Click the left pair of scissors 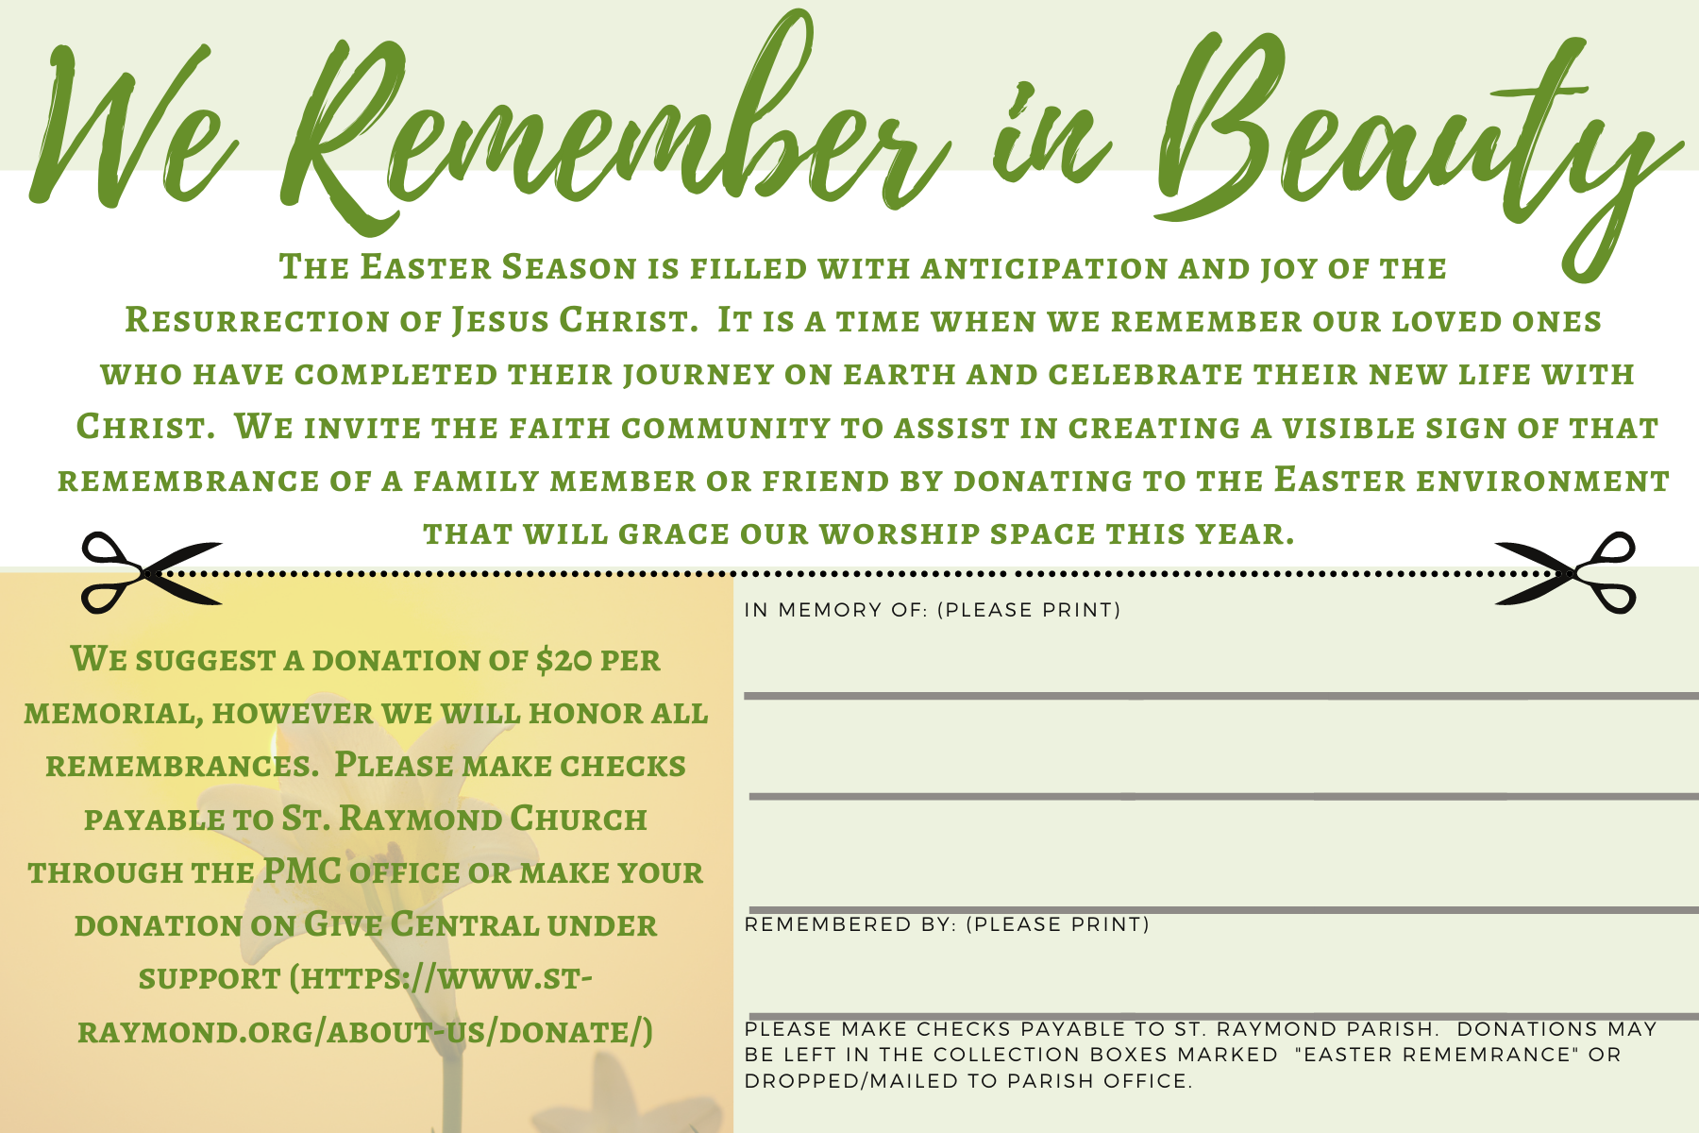pyautogui.click(x=151, y=573)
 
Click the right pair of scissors pyautogui.click(x=1565, y=573)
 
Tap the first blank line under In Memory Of pyautogui.click(x=1221, y=696)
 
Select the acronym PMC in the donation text pyautogui.click(x=302, y=871)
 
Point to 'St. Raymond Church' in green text pyautogui.click(x=464, y=818)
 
